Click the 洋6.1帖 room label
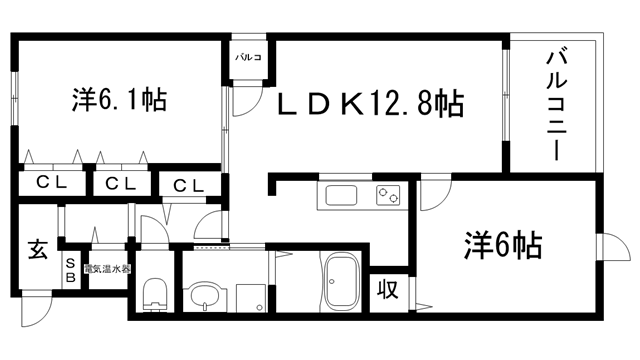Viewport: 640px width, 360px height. [119, 100]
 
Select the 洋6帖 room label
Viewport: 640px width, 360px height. [502, 244]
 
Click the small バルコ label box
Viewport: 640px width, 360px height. [248, 58]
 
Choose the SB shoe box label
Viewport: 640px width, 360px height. [70, 269]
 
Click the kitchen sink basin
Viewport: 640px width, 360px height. [338, 195]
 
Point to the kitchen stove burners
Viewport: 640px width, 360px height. [388, 194]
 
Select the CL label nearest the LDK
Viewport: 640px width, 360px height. [187, 185]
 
